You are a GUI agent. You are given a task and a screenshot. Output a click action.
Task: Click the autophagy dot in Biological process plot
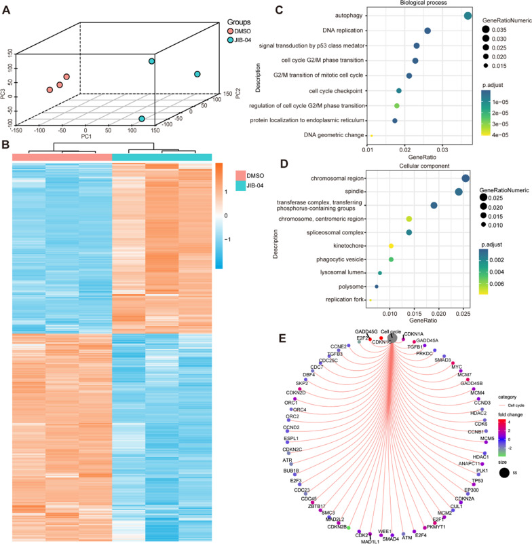[468, 16]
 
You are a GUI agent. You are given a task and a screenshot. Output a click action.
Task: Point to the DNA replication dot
[427, 31]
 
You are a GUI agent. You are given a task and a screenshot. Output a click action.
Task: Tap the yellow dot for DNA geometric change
[371, 136]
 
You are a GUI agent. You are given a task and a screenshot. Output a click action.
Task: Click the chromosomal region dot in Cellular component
[465, 179]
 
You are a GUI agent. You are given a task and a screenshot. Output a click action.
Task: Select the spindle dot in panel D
[459, 192]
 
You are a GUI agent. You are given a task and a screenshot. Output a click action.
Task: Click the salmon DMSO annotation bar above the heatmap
[62, 157]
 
